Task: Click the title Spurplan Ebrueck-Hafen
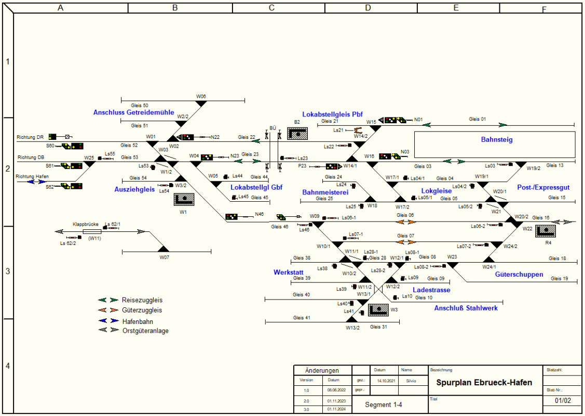pos(484,383)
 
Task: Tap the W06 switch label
pos(201,96)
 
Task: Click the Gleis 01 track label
pos(477,119)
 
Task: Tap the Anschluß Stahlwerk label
pos(466,308)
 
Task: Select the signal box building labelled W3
pos(378,310)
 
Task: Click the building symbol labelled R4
pos(546,230)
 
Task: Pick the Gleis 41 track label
pos(301,318)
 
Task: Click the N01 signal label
pos(418,120)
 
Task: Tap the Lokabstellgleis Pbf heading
pos(332,114)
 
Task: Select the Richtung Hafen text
pos(32,177)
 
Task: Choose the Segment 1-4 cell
pos(383,405)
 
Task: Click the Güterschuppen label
pos(519,274)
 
